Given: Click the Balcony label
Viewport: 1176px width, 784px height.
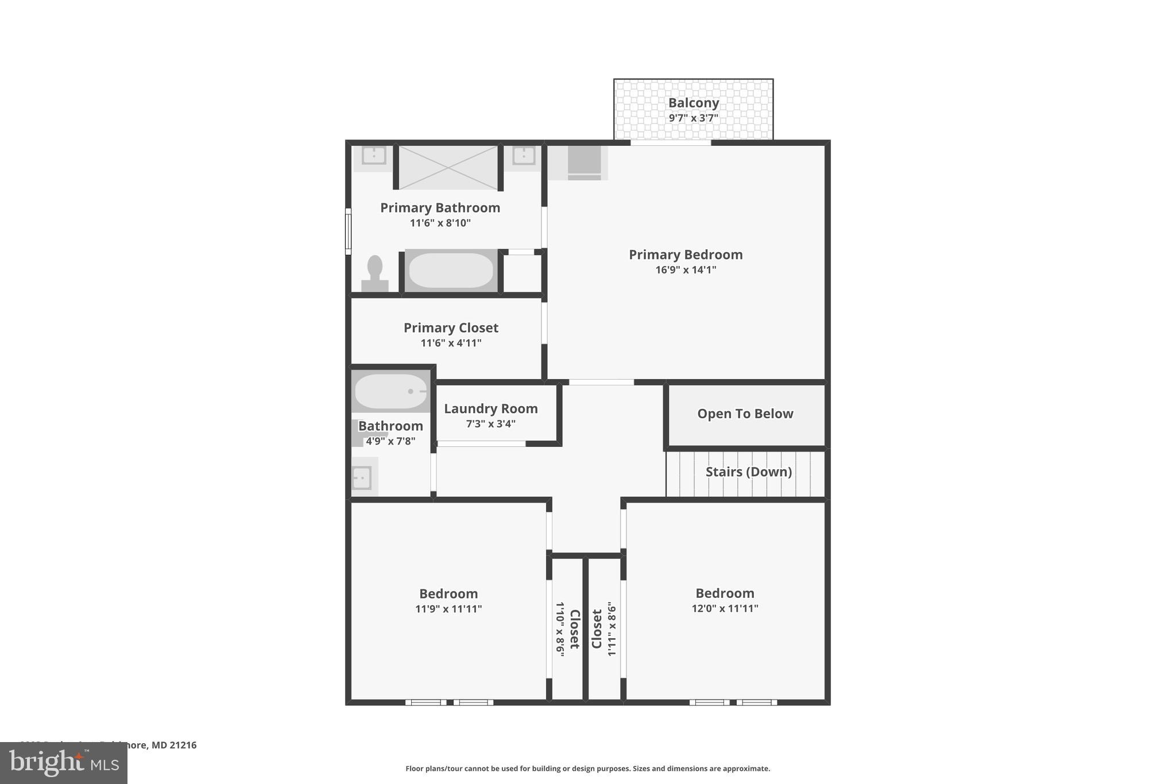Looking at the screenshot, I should coord(693,103).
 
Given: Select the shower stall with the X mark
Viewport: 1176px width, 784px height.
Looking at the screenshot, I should coord(448,167).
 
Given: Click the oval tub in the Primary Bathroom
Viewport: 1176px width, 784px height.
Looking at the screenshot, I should coord(451,271).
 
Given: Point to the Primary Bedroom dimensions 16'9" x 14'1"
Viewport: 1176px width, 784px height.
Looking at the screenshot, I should coord(686,270).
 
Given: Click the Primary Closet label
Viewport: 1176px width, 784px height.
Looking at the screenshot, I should coord(451,327).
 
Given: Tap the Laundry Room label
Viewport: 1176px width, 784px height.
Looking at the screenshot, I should coord(490,408).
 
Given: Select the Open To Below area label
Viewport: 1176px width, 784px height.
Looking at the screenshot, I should coord(745,414).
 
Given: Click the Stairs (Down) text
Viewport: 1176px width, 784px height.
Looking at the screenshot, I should coord(748,472).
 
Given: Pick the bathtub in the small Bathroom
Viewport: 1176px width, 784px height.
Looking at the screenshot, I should coord(390,391).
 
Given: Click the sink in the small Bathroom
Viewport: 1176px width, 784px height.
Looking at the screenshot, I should coord(362,477).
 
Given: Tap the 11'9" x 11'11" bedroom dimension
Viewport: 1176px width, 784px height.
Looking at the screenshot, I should coord(448,609).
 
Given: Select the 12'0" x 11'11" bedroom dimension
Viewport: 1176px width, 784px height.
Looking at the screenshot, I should coord(725,608).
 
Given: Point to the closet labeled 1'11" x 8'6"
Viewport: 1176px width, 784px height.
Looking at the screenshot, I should coord(604,629).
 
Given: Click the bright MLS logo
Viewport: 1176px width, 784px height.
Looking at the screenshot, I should coord(64,763).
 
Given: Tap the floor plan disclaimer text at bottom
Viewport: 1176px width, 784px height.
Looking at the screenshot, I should coord(587,768).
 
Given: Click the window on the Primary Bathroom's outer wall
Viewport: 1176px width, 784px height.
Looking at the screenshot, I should coord(348,231).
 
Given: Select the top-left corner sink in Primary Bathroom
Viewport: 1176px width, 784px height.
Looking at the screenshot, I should coord(374,156).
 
